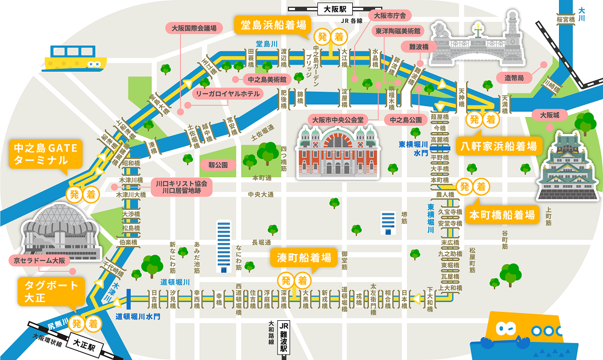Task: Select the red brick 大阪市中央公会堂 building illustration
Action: (x=338, y=154)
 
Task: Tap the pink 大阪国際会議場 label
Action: (x=194, y=28)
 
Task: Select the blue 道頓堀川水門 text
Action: (x=137, y=315)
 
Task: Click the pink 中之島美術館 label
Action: (x=266, y=79)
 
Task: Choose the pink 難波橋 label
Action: (x=418, y=46)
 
